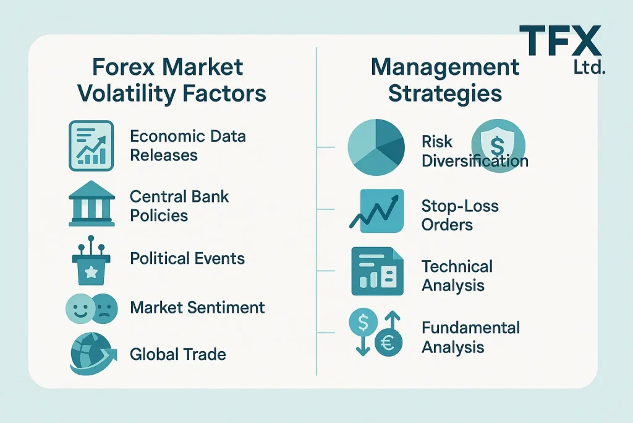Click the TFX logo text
(x=560, y=40)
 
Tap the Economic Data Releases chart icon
(x=91, y=146)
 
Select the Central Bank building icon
(x=91, y=203)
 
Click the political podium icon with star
(x=91, y=260)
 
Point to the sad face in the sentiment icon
(x=105, y=308)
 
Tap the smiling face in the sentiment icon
(x=79, y=308)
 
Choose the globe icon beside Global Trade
(x=93, y=353)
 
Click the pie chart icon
(x=376, y=147)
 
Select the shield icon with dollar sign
(x=498, y=146)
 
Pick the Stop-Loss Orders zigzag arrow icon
(x=376, y=211)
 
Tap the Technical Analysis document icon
(x=378, y=271)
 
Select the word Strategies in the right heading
(x=445, y=94)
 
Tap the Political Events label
(x=187, y=258)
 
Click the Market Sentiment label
(x=197, y=307)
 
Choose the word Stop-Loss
(x=460, y=206)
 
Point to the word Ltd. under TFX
(x=589, y=67)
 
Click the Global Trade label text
(x=178, y=354)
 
